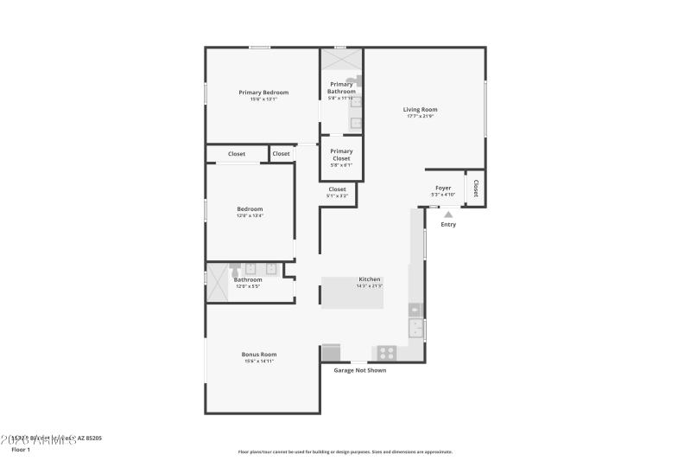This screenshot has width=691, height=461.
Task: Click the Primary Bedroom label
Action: (263, 93)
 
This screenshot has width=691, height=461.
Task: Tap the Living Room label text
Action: (421, 110)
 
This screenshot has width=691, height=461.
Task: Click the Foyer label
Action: (443, 188)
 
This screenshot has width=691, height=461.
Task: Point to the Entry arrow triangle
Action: (447, 214)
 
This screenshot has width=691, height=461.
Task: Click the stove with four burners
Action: (384, 352)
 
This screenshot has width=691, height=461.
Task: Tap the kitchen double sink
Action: (415, 328)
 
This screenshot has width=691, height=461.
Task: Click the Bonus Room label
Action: (259, 354)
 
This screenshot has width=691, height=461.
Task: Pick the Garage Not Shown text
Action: (360, 370)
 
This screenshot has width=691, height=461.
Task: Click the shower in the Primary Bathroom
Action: (341, 61)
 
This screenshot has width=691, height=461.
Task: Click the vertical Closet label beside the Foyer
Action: (475, 188)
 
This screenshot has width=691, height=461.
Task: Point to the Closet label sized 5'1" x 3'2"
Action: (337, 192)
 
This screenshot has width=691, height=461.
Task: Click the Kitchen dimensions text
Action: (370, 285)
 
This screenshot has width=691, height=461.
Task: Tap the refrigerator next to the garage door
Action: (331, 352)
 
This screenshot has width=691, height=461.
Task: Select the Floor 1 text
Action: (20, 450)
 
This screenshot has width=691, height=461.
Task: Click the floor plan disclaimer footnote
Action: (345, 451)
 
